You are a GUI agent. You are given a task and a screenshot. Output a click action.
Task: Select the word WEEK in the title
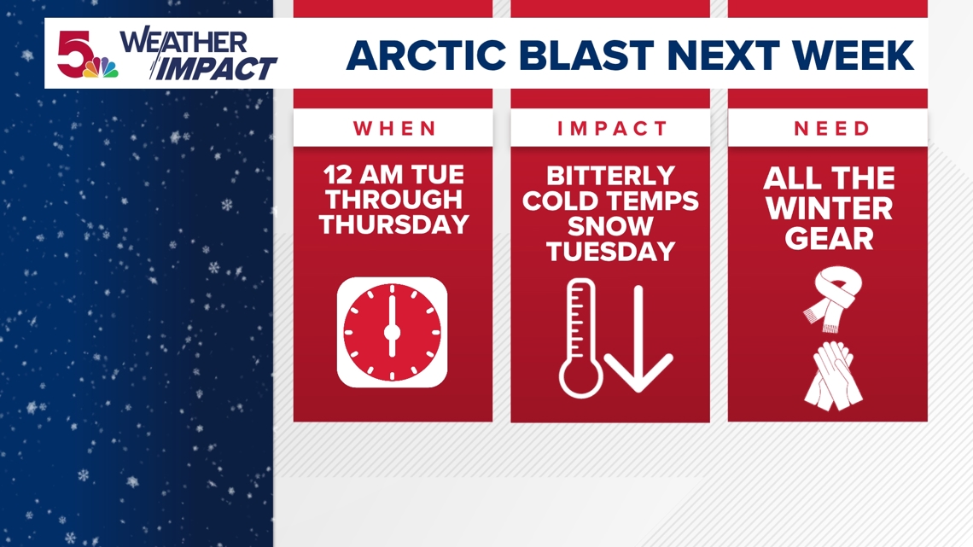(858, 55)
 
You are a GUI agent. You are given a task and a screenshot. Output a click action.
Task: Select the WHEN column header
(394, 129)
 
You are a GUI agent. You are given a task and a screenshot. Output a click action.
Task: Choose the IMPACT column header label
(611, 129)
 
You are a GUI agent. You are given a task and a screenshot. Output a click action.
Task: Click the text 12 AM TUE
(393, 176)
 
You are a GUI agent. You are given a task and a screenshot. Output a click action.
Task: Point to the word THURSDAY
(393, 224)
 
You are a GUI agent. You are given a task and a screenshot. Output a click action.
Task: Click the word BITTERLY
(610, 177)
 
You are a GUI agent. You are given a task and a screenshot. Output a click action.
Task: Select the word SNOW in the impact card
(610, 226)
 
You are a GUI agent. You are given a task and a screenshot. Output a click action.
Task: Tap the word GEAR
(828, 239)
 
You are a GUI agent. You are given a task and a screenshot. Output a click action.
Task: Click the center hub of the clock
(393, 332)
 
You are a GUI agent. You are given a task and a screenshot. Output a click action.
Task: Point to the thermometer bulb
(580, 378)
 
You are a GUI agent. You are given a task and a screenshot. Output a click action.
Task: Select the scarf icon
(830, 299)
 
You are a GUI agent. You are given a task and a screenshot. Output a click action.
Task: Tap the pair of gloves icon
(830, 375)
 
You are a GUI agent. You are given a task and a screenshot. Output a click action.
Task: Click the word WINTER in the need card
(828, 209)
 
